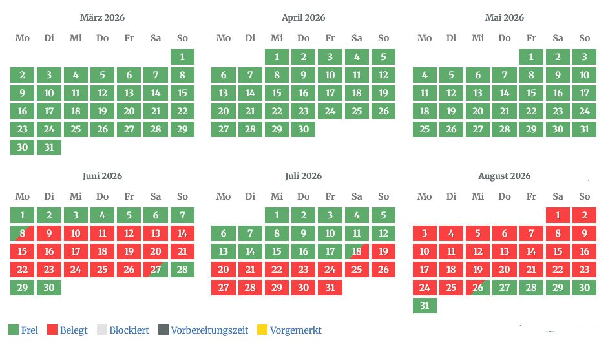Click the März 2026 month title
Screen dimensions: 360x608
tap(102, 17)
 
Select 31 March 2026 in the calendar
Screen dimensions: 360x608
tap(49, 147)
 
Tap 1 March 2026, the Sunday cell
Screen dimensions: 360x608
tap(182, 57)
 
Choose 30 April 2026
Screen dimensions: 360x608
tap(304, 129)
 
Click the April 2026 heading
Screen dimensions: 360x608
tap(304, 17)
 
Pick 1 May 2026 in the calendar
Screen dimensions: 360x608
tap(531, 57)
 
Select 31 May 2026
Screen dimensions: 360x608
tap(585, 129)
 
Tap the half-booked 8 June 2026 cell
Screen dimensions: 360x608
tap(23, 233)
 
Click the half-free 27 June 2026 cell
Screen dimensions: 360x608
tap(156, 270)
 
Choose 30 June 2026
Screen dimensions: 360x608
tap(49, 288)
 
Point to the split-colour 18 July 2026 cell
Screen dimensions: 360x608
tap(357, 251)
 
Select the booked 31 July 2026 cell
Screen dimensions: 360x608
tap(330, 288)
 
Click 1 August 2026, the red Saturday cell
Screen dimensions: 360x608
tap(558, 215)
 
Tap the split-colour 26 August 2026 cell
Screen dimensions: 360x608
tap(478, 288)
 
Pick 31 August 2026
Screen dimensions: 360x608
tap(425, 306)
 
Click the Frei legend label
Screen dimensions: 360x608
tap(30, 330)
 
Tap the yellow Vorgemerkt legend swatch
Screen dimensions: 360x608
tap(262, 330)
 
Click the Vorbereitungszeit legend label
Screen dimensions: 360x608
tap(209, 330)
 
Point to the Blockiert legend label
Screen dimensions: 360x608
tap(129, 330)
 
